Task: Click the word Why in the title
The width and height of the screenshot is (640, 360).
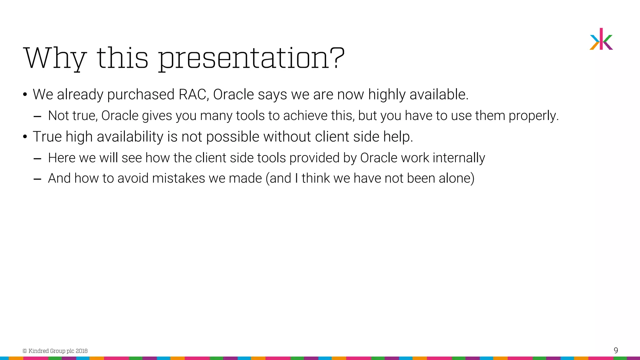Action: pos(55,58)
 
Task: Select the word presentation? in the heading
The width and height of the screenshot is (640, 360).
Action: pos(252,58)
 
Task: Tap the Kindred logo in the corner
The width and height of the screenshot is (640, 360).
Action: pos(601,39)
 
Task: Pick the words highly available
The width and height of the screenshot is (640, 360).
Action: pos(418,94)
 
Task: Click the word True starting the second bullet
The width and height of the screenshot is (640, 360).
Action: pos(47,137)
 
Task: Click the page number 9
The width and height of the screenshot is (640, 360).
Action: pos(616,350)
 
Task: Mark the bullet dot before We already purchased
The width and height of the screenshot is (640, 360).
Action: pos(25,95)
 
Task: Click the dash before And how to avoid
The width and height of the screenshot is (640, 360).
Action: pos(37,179)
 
